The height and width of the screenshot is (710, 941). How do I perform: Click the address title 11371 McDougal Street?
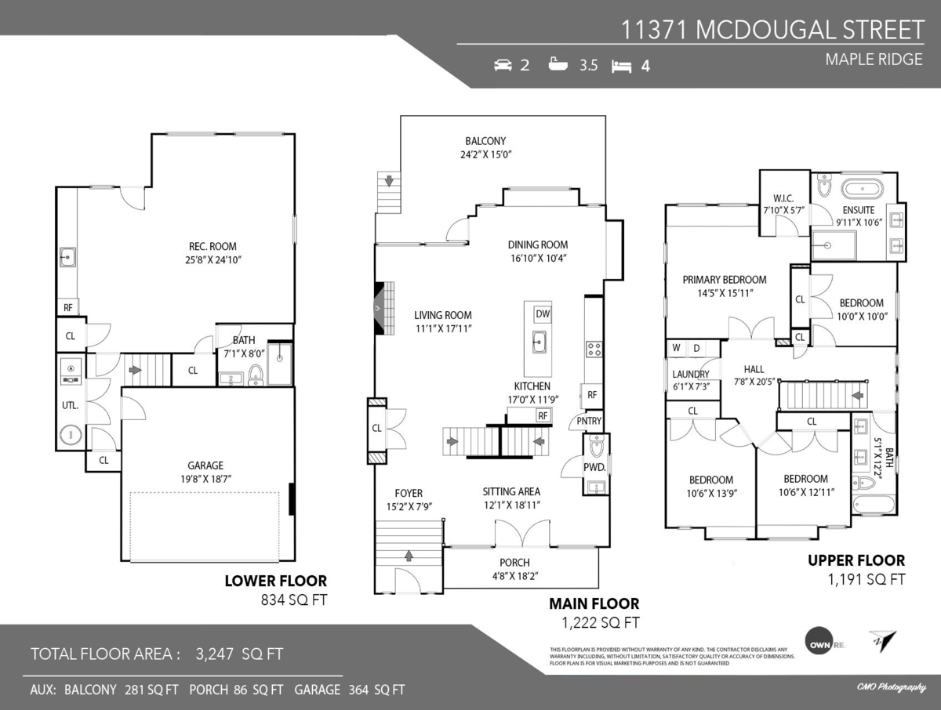pos(772,30)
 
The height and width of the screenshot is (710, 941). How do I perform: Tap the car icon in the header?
pos(503,65)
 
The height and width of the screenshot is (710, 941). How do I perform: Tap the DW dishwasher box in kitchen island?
pos(542,314)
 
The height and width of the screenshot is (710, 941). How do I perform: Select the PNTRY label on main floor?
pos(589,421)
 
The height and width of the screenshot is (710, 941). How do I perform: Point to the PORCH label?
pos(514,563)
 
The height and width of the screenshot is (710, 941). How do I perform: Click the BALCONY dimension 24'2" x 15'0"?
pos(486,154)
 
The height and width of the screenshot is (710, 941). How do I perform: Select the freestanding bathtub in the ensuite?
pos(861,189)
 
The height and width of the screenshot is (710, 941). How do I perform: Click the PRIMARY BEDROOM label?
pos(724,280)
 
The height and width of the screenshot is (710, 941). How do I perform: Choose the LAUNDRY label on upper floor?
pos(690,375)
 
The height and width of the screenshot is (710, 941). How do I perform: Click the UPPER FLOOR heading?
pos(856,560)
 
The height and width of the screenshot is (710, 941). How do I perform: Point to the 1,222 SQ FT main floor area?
pos(601,623)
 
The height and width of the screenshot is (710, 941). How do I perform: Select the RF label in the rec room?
pos(68,308)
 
